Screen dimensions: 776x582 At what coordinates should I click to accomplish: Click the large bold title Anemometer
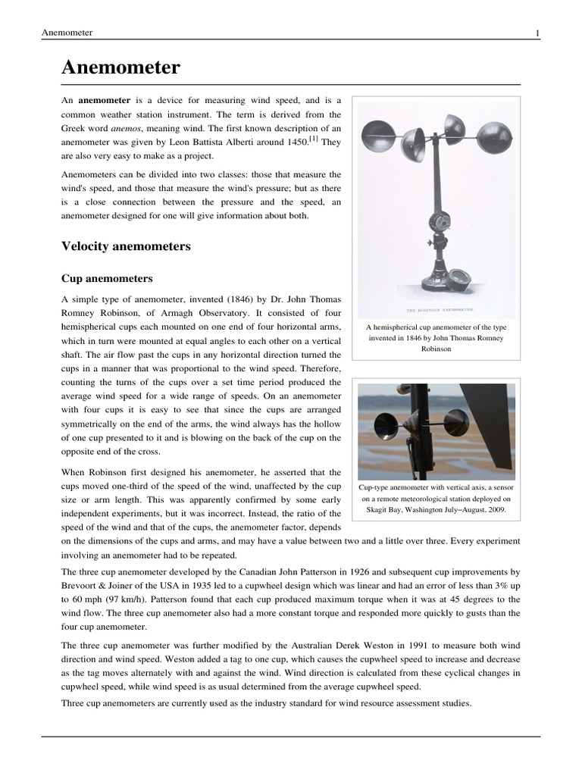[x=120, y=67]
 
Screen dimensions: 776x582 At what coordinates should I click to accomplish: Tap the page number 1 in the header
[x=537, y=33]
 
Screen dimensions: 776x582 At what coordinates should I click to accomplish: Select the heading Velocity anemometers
[x=125, y=246]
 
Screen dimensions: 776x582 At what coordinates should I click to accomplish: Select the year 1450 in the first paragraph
[x=296, y=142]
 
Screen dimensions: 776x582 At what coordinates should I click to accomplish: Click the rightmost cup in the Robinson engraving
[x=493, y=137]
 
